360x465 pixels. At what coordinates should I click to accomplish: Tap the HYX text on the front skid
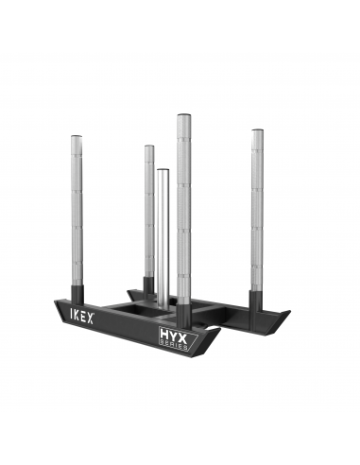(174, 334)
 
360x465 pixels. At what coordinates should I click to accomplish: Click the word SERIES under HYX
(174, 345)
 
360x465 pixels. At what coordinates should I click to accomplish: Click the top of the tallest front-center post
(183, 116)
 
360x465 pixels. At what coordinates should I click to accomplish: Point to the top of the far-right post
(257, 129)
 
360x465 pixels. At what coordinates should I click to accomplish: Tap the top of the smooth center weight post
(163, 172)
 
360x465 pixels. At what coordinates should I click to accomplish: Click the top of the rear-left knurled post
(149, 147)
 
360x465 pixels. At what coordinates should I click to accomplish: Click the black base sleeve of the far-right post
(257, 301)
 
